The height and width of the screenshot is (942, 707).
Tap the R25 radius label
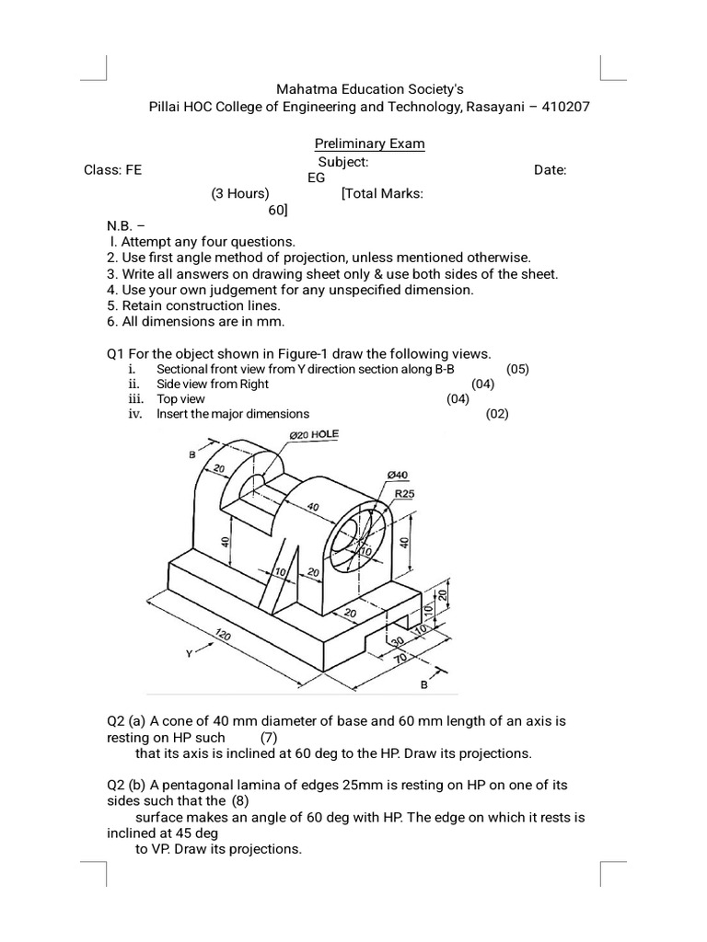click(x=405, y=494)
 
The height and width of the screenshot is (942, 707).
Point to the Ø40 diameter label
click(x=397, y=474)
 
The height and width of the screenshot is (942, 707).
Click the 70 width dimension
click(x=400, y=660)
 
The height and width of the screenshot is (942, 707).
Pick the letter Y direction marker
click(x=188, y=654)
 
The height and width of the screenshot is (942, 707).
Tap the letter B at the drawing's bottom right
click(x=424, y=685)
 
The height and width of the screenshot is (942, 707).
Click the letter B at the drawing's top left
click(x=192, y=454)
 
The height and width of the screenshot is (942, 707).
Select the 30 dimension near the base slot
click(x=398, y=642)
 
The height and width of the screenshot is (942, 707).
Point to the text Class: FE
click(x=113, y=170)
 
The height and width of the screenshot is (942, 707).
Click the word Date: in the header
click(x=551, y=170)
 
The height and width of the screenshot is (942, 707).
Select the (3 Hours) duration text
click(x=239, y=194)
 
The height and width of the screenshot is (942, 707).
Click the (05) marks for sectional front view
click(x=517, y=369)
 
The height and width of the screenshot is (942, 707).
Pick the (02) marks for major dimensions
click(x=497, y=414)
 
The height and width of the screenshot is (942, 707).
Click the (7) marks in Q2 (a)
click(x=268, y=738)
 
